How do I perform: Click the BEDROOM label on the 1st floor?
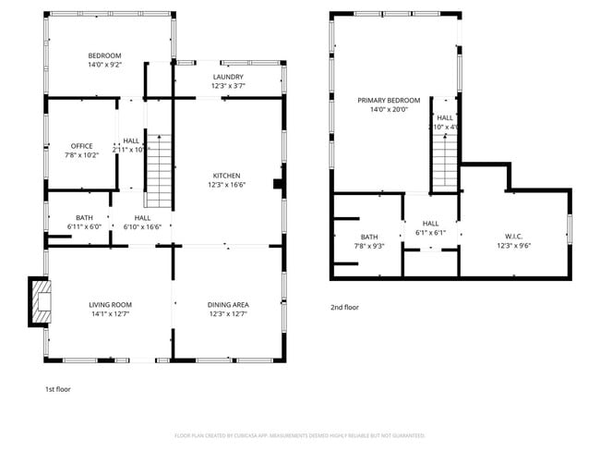tap(104, 55)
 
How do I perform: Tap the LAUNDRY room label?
tap(227, 77)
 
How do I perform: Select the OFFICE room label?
tap(81, 146)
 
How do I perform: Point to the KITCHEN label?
tap(227, 176)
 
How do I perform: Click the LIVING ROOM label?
tap(111, 304)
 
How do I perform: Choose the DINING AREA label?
tap(227, 304)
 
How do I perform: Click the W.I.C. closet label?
tap(514, 236)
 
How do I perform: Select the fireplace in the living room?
tap(41, 302)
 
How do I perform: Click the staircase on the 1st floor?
tap(159, 171)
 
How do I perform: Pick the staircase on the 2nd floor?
tap(446, 160)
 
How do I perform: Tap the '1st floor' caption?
tap(58, 389)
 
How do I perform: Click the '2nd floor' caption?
tap(345, 307)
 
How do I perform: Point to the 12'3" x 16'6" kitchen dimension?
tap(227, 185)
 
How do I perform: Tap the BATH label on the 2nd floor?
tap(369, 237)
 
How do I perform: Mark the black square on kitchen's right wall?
tap(277, 184)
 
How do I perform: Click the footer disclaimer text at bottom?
tap(300, 435)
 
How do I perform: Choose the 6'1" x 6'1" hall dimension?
tap(430, 233)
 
